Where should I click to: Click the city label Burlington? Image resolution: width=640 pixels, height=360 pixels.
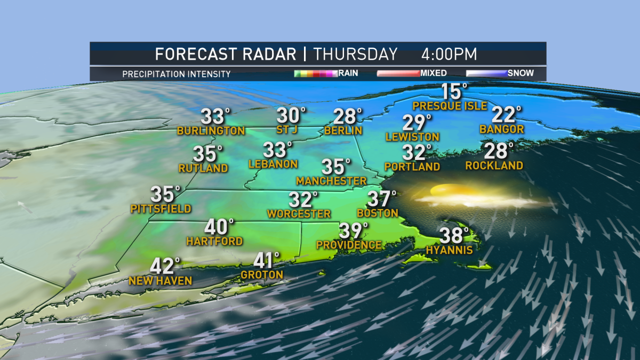(211, 131)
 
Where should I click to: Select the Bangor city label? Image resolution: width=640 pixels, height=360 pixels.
(501, 129)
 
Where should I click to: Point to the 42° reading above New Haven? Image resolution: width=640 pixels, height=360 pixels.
(165, 266)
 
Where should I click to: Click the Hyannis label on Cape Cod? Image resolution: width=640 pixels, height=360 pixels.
(449, 250)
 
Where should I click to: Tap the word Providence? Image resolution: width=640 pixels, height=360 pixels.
(349, 245)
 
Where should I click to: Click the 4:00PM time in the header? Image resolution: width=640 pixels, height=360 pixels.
(449, 54)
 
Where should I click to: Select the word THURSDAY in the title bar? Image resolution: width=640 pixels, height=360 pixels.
(356, 54)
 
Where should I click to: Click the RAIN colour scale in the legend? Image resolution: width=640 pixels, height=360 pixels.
(315, 74)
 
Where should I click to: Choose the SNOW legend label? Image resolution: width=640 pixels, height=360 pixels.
(520, 73)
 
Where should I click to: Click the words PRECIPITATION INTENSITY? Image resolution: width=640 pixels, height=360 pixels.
(177, 74)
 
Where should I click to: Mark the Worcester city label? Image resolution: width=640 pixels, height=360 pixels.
(299, 214)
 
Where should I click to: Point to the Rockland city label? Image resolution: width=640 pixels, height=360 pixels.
(494, 165)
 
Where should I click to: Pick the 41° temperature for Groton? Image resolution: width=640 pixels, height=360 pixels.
(267, 261)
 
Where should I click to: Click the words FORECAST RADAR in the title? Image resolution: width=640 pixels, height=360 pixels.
(226, 54)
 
